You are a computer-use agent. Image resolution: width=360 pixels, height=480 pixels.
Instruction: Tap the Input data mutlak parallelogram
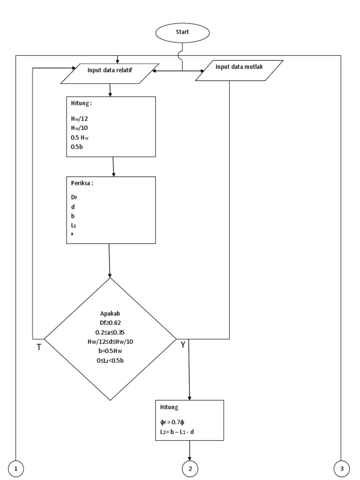[x=239, y=71]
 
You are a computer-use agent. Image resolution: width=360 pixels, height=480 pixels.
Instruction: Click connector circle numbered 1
[x=17, y=468]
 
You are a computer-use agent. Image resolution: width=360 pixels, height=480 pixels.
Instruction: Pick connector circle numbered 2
[x=190, y=468]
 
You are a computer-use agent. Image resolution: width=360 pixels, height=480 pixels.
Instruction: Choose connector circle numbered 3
[x=342, y=468]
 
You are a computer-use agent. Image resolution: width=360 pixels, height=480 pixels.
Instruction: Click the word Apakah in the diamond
[x=111, y=314]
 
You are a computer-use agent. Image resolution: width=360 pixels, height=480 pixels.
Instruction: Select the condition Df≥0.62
[x=111, y=323]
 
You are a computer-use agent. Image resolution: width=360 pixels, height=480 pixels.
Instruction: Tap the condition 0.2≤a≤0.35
[x=111, y=332]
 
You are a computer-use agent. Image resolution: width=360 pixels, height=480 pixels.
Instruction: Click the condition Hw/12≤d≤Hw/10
[x=111, y=341]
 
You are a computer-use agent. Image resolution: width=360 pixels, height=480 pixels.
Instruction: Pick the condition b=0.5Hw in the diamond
[x=111, y=351]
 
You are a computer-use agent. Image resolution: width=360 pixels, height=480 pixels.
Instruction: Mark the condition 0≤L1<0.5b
[x=111, y=360]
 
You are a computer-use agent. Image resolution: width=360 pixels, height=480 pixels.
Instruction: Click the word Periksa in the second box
[x=82, y=184]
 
